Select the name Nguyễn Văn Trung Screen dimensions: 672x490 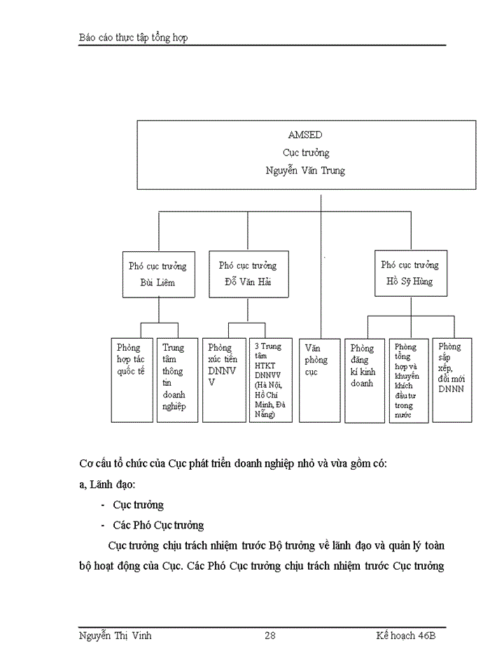(x=305, y=170)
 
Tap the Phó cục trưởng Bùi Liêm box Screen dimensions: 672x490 (x=157, y=274)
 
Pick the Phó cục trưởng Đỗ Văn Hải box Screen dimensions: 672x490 (x=247, y=274)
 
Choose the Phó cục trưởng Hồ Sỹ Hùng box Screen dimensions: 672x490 (x=409, y=273)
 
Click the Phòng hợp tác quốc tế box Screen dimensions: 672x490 (x=132, y=380)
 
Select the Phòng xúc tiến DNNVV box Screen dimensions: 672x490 (x=224, y=380)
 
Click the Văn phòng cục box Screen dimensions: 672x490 (x=321, y=380)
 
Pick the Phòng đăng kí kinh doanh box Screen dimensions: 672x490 (x=365, y=380)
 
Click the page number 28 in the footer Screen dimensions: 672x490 (x=270, y=636)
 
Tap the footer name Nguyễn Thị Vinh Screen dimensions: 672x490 (x=115, y=636)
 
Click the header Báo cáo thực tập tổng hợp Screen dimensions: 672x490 (x=133, y=37)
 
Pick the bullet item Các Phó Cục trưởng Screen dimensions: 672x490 (x=158, y=525)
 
